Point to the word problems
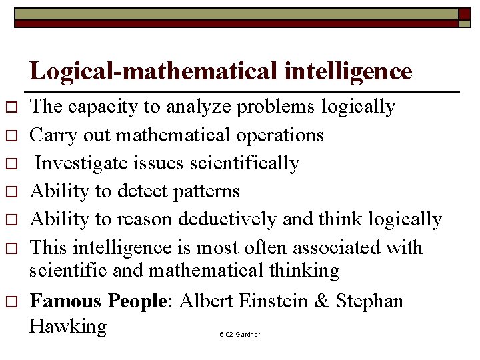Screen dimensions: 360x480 275,107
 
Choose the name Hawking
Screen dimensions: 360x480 69,327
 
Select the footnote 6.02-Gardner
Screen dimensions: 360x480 239,333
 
